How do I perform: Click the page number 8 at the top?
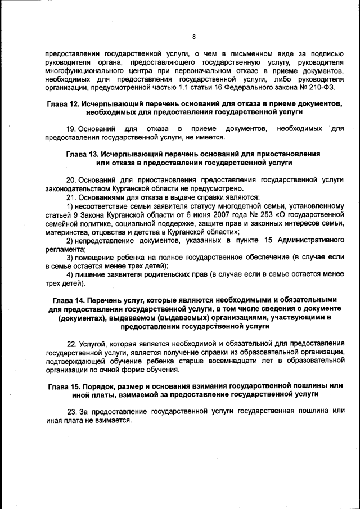coord(193,37)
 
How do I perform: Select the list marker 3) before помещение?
coord(70,257)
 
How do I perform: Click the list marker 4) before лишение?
coord(70,274)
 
